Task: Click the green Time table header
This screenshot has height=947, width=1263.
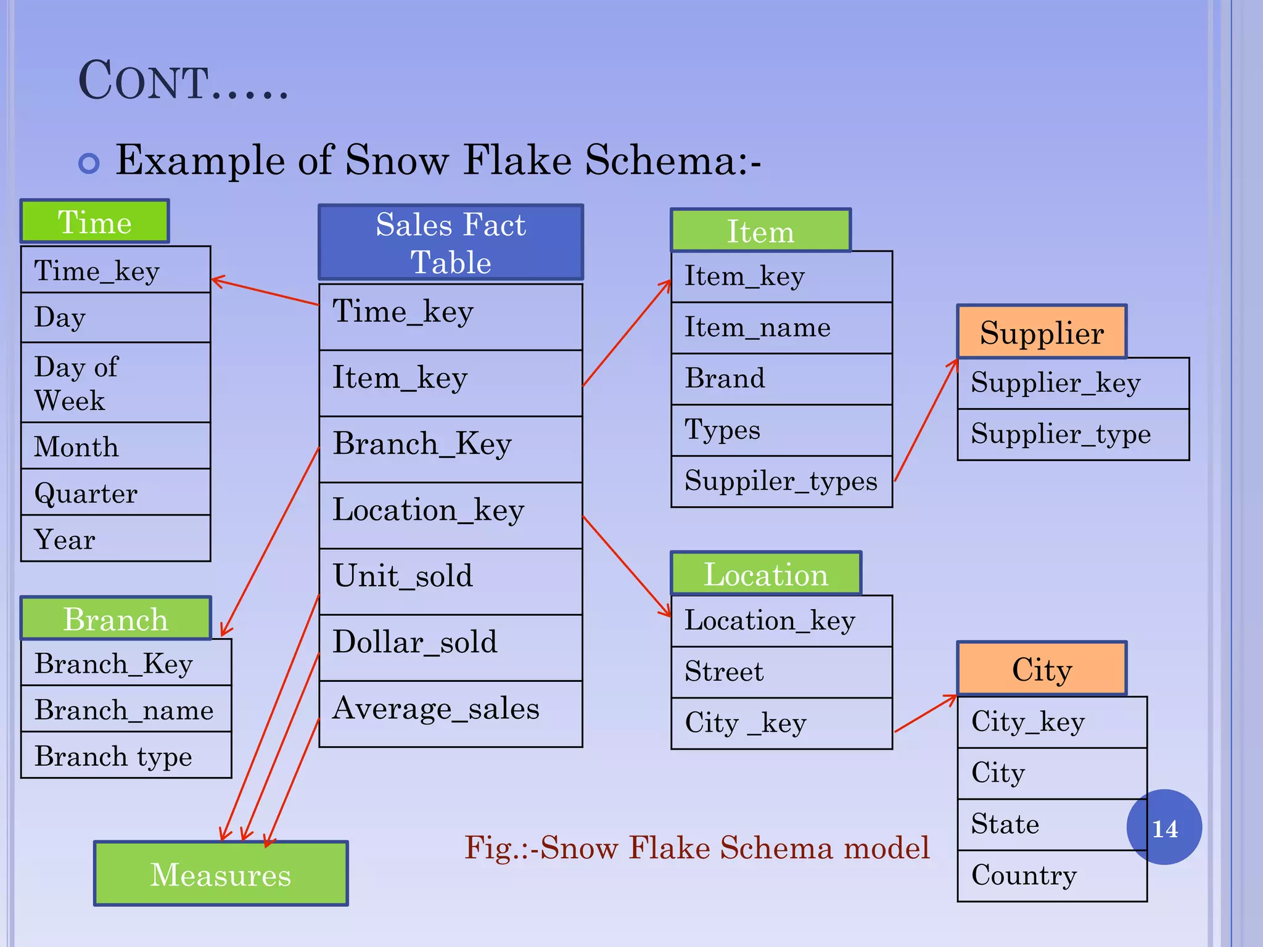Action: [x=94, y=221]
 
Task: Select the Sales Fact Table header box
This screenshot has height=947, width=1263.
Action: [x=451, y=242]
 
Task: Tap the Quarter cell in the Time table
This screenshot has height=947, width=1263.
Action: [x=115, y=492]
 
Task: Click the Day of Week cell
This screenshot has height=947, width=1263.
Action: [x=115, y=382]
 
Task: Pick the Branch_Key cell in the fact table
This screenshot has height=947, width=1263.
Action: [x=451, y=449]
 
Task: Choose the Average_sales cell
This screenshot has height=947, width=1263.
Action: [x=451, y=713]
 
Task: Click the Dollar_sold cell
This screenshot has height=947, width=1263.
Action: [x=451, y=647]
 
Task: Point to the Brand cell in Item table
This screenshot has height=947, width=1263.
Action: [x=781, y=379]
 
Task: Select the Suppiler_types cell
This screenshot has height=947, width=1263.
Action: [x=781, y=481]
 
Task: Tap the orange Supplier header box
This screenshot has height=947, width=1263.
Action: [x=1042, y=332]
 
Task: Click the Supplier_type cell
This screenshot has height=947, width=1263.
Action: [x=1073, y=434]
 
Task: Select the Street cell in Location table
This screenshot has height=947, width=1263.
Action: [x=781, y=671]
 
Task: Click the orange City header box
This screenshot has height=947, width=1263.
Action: [x=1042, y=668]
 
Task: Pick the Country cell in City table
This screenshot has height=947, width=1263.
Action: [x=1051, y=875]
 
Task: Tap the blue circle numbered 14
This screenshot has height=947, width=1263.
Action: [x=1164, y=827]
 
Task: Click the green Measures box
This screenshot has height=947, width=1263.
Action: [x=221, y=874]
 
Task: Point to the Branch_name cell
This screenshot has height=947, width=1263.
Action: [x=126, y=709]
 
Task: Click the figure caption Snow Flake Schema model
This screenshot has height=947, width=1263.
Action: [x=697, y=848]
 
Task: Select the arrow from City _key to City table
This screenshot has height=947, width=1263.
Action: [x=925, y=714]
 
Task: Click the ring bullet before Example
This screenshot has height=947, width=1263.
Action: [x=89, y=163]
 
